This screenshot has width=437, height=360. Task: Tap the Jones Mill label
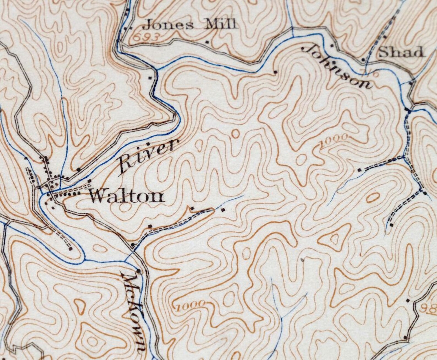coord(189,25)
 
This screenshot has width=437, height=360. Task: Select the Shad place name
coord(400,52)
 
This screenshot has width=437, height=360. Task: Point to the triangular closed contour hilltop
coord(334,238)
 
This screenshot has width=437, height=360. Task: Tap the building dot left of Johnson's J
coord(275,72)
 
